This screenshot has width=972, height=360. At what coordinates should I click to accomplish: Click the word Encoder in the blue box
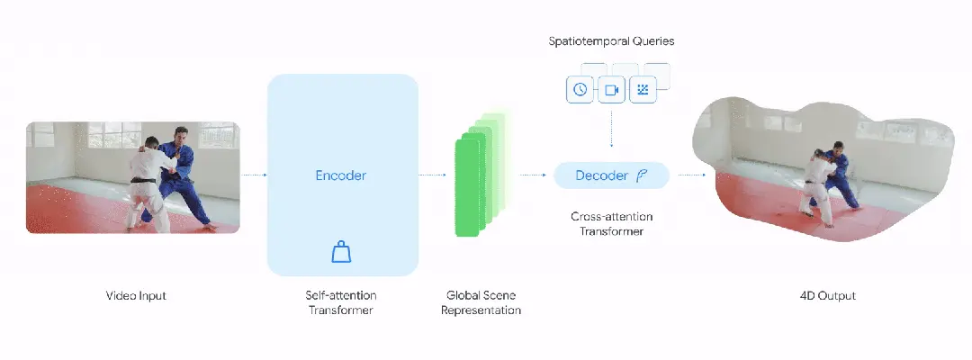pos(341,175)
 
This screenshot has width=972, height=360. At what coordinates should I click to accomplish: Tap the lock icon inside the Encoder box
pos(341,252)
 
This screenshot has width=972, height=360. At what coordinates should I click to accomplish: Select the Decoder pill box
pos(611,175)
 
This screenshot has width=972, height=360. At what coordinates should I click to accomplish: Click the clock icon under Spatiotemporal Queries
pos(580,90)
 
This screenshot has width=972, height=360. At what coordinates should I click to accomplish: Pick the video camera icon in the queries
pos(612,90)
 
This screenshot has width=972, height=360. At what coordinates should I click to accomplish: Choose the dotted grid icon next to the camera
pos(643,90)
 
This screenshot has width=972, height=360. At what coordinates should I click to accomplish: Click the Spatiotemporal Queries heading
pos(611,42)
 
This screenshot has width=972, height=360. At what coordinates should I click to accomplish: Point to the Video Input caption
pos(137,295)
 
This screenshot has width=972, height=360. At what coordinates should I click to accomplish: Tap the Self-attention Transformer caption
pos(342,302)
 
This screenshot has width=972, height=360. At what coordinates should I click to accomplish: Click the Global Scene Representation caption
pos(482,302)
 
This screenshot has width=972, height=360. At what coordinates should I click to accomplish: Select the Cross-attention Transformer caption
pos(611,224)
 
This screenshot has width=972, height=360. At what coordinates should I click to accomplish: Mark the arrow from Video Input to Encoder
pos(254,175)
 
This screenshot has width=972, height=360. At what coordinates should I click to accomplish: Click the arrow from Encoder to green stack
pos(433,175)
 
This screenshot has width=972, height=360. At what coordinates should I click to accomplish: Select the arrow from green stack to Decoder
pos(534,175)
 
